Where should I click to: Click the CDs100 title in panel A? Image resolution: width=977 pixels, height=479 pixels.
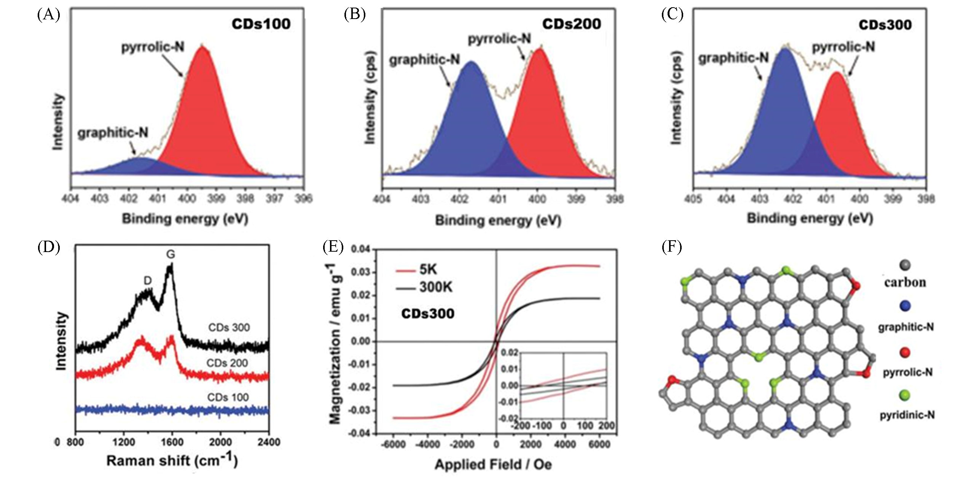coord(261,24)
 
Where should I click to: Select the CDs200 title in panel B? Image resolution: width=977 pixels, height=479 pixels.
coord(571,24)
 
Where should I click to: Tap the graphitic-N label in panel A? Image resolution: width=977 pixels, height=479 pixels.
coord(113,133)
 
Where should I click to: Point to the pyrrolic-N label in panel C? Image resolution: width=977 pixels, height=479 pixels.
coord(843,47)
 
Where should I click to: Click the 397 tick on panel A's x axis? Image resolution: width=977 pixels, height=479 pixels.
coord(274,198)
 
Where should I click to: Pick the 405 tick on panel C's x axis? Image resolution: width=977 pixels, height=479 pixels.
coord(693,198)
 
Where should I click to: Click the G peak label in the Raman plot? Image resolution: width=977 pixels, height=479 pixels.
coord(171,254)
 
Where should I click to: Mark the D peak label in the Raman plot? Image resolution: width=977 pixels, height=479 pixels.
coord(148,281)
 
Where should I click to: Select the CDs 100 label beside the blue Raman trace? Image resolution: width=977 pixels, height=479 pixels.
coord(228,397)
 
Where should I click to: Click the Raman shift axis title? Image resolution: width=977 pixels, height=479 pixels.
coord(172,461)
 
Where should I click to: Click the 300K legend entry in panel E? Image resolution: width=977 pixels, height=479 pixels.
coord(436,287)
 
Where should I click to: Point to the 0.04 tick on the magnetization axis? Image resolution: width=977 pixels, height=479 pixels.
coord(361,249)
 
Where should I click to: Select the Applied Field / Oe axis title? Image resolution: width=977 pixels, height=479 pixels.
coord(493,465)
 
